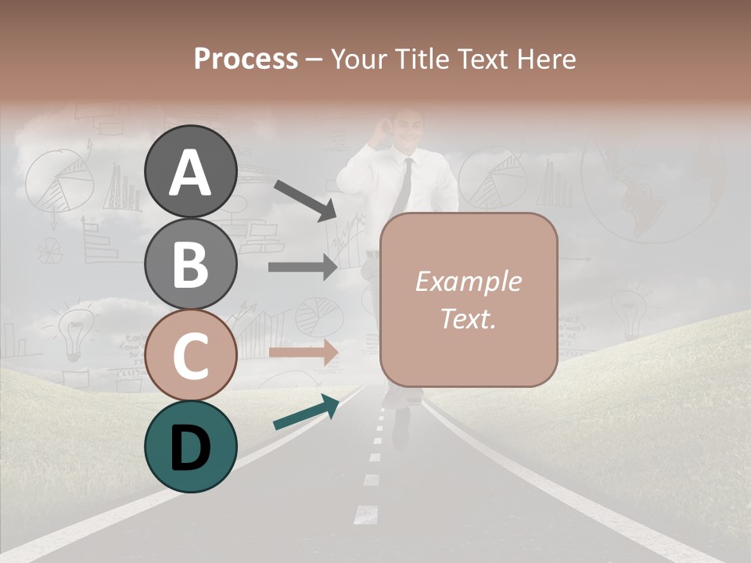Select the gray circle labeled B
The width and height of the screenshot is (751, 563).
point(191,264)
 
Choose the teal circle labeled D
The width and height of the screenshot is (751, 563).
point(191,446)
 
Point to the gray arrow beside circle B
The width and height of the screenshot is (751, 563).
point(303,267)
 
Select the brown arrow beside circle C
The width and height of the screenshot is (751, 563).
point(303,352)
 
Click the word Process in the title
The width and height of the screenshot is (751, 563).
point(246,59)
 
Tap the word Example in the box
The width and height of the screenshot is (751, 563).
point(469,281)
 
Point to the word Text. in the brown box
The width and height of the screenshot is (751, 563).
point(469,318)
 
